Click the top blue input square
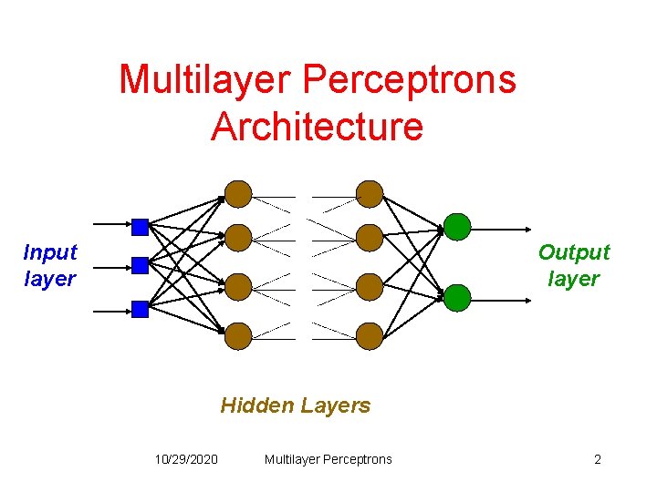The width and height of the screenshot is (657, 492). pyautogui.click(x=140, y=226)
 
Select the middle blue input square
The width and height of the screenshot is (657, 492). pyautogui.click(x=140, y=265)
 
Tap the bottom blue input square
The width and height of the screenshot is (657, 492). pyautogui.click(x=140, y=309)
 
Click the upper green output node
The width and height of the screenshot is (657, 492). pyautogui.click(x=457, y=226)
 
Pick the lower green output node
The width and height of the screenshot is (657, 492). pyautogui.click(x=457, y=297)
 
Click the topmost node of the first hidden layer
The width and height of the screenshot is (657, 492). pyautogui.click(x=238, y=193)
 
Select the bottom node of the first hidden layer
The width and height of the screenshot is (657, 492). pyautogui.click(x=238, y=336)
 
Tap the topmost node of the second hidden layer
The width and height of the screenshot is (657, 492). pyautogui.click(x=370, y=193)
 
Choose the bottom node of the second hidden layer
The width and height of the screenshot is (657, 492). pyautogui.click(x=370, y=336)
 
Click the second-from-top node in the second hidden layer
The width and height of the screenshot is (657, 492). pyautogui.click(x=370, y=238)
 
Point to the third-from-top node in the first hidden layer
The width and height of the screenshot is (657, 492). pyautogui.click(x=238, y=287)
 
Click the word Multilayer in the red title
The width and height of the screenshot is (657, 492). pyautogui.click(x=201, y=79)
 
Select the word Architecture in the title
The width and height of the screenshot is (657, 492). pyautogui.click(x=317, y=126)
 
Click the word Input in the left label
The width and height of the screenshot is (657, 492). pyautogui.click(x=50, y=252)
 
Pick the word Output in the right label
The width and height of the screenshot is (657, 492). pyautogui.click(x=574, y=252)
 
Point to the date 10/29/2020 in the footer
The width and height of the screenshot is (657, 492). pyautogui.click(x=186, y=459)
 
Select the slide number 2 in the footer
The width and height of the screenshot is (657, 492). pyautogui.click(x=598, y=459)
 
